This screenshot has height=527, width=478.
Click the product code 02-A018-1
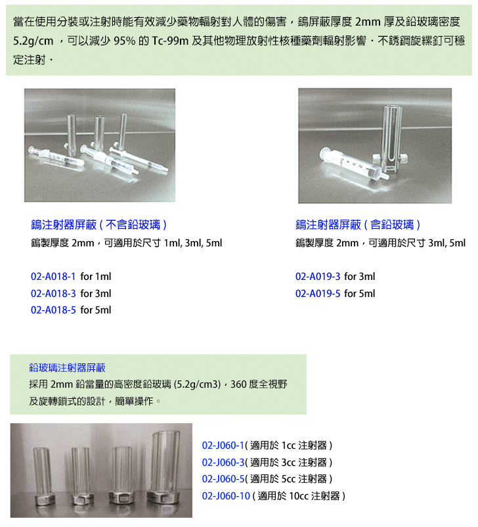(53, 277)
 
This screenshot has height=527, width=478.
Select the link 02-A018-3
(53, 294)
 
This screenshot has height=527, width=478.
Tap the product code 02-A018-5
(53, 310)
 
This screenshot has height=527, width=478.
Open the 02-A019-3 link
(318, 277)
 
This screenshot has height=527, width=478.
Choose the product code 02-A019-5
(318, 294)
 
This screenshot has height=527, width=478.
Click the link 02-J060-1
(223, 446)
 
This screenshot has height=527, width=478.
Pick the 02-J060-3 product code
(223, 463)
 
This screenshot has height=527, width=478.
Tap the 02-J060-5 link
(223, 479)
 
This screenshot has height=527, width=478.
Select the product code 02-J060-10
(226, 496)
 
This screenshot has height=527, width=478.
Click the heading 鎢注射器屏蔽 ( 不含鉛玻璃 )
(98, 225)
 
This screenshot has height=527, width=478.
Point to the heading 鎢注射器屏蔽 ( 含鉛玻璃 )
(358, 225)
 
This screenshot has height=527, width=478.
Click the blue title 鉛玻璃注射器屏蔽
(67, 368)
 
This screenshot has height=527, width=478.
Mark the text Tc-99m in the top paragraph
(170, 41)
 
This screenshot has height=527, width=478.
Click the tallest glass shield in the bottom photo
(165, 467)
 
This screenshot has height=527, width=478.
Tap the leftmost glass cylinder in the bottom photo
(44, 476)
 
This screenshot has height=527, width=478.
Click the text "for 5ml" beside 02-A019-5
(360, 294)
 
